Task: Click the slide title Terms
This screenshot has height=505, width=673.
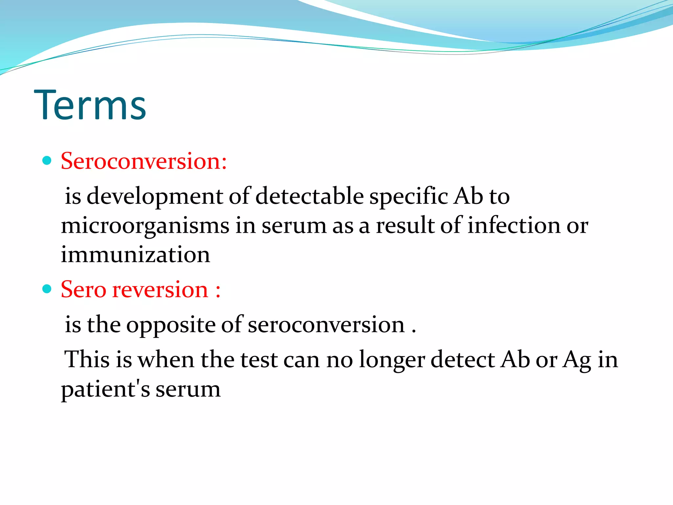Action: [x=90, y=105]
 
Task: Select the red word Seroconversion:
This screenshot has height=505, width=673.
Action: [x=144, y=161]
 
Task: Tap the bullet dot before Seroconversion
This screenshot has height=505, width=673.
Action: [x=47, y=160]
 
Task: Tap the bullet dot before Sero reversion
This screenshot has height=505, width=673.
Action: [x=47, y=289]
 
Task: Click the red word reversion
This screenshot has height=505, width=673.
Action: [x=160, y=290]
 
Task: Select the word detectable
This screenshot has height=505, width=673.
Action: [x=309, y=196]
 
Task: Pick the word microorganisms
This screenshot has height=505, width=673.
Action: [x=145, y=226]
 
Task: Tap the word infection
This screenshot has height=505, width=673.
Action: [x=514, y=226]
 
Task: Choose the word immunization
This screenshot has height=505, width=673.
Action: [x=135, y=255]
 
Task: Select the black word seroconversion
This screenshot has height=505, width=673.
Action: [x=326, y=325]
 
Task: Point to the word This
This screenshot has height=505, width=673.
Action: [x=86, y=359]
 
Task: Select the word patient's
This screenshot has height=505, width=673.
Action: [x=105, y=389]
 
